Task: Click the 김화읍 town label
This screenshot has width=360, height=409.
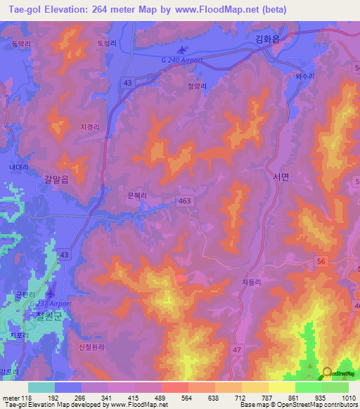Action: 266,41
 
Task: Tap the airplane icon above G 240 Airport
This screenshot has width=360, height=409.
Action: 184,50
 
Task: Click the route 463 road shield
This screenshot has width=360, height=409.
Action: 185,200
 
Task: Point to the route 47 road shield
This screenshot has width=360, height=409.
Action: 238,349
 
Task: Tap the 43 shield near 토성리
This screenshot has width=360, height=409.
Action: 127,82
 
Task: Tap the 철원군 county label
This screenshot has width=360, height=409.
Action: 40,316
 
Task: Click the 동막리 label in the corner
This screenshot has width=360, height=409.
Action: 20,44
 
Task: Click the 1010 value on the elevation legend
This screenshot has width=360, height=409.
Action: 347,398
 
